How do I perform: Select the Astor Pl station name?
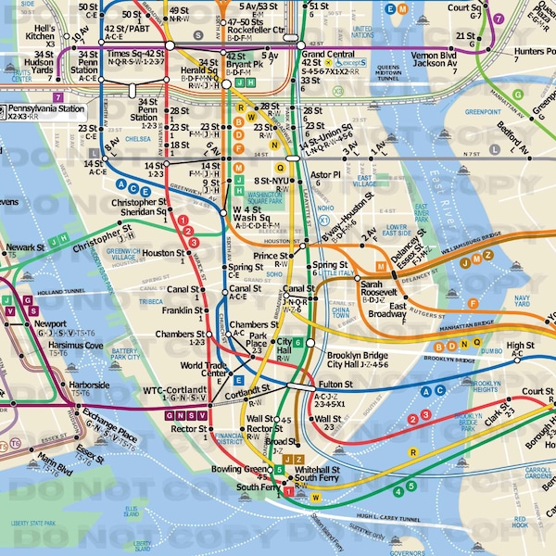[x=325, y=173]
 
